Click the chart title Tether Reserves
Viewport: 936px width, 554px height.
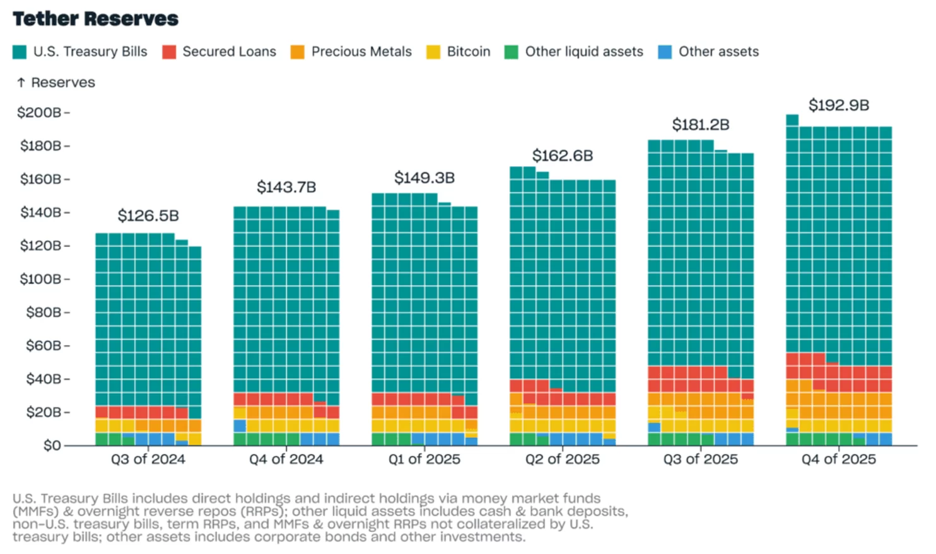pos(95,19)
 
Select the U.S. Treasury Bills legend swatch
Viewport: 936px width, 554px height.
pos(20,52)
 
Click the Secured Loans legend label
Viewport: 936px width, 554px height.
pos(229,52)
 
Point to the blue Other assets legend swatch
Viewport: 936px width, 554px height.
pos(665,52)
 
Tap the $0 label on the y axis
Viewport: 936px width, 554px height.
pos(52,446)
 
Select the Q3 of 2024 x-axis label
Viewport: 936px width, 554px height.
pos(148,459)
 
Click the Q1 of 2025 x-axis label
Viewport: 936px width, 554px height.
pos(424,459)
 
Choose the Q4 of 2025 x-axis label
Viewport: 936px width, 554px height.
pos(838,459)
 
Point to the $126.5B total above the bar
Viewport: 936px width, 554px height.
pos(148,216)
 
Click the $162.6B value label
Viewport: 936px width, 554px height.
pos(563,156)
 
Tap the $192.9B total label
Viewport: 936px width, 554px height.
pos(839,105)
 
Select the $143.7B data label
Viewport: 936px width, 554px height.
pos(286,187)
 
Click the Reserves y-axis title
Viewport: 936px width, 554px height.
pos(63,83)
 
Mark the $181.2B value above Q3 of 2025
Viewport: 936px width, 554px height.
pos(701,125)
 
